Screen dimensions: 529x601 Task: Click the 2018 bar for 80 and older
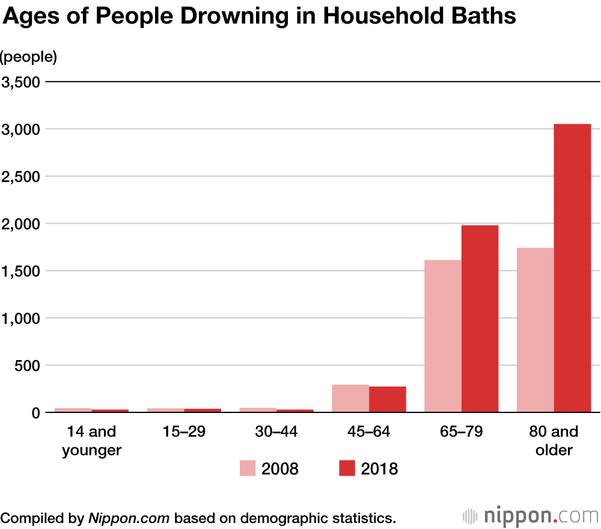pyautogui.click(x=572, y=268)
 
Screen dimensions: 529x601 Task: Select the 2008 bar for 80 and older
pyautogui.click(x=535, y=330)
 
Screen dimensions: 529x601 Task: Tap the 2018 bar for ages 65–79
pyautogui.click(x=480, y=319)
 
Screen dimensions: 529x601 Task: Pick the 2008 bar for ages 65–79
pyautogui.click(x=443, y=336)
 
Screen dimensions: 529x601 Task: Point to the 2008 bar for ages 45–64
pyautogui.click(x=350, y=399)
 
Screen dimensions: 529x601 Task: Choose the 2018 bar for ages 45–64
pyautogui.click(x=388, y=399)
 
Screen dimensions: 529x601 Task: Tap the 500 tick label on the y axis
pyautogui.click(x=27, y=365)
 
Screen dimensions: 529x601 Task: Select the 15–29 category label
pyautogui.click(x=184, y=432)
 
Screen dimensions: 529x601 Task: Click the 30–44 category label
pyautogui.click(x=276, y=432)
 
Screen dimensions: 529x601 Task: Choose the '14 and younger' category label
pyautogui.click(x=91, y=441)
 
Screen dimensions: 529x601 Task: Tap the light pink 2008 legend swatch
pyautogui.click(x=248, y=468)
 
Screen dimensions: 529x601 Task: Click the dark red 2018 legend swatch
pyautogui.click(x=347, y=468)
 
